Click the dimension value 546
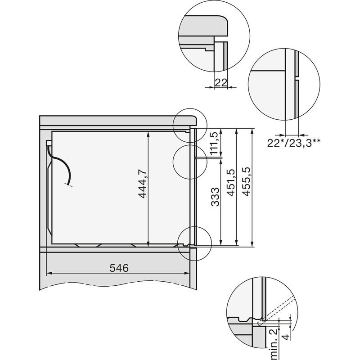[119, 268]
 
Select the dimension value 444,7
[143, 184]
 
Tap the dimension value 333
[215, 197]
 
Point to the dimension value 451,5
[231, 183]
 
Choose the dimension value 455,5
[247, 182]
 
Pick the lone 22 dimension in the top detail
[221, 83]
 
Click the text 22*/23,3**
[294, 143]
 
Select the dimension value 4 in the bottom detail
[286, 337]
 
